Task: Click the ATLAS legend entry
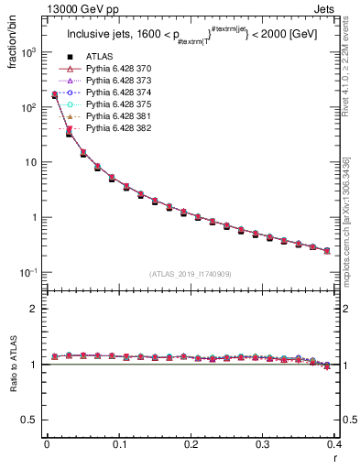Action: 98,58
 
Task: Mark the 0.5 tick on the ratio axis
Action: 34,420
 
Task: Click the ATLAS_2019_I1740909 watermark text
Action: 191,274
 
